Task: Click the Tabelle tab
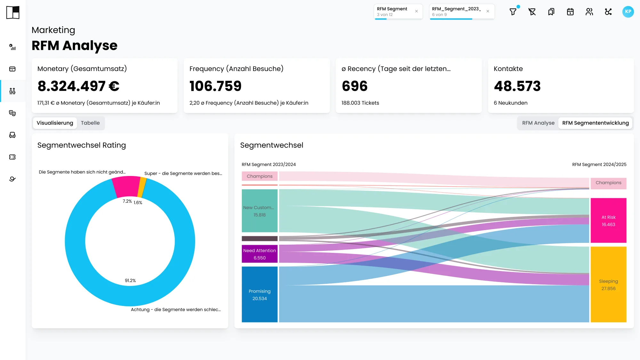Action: [x=90, y=123]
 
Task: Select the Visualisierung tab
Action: [x=55, y=123]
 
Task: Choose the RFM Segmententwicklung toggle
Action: [x=595, y=123]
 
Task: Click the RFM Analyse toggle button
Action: [x=538, y=123]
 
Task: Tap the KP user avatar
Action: [x=628, y=12]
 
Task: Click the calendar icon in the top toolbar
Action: [x=570, y=12]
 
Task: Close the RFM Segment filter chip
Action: [x=416, y=11]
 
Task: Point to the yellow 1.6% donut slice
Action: [x=142, y=188]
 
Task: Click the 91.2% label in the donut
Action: [x=130, y=281]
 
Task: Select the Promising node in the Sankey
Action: [x=260, y=294]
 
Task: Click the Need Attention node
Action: [x=260, y=254]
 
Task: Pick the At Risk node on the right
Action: [x=608, y=220]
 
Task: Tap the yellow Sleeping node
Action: [x=608, y=284]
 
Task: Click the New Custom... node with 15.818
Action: [x=260, y=211]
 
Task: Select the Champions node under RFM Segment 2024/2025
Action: [x=608, y=183]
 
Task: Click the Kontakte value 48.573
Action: [x=517, y=86]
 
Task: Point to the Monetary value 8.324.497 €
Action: [x=78, y=86]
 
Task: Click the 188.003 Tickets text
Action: [x=360, y=103]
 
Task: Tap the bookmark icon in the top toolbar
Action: [x=551, y=12]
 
